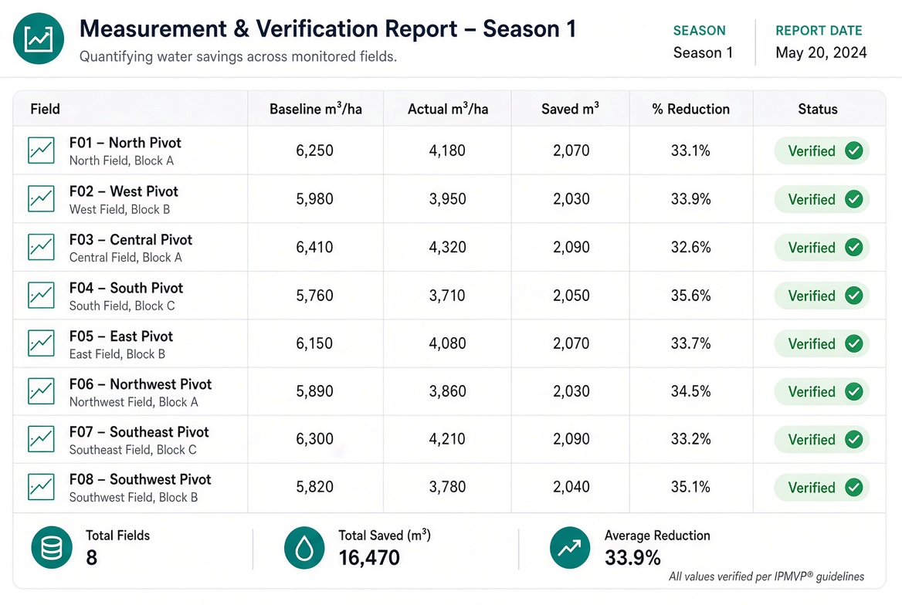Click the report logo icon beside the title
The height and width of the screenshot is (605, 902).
[39, 39]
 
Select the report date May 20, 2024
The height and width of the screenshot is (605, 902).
[821, 53]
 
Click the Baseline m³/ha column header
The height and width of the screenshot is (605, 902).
[316, 109]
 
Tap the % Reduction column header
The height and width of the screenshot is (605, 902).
[691, 110]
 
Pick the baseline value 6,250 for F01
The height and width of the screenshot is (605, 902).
[314, 150]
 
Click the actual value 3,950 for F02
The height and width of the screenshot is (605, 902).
[448, 199]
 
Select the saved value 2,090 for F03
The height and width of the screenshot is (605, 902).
[571, 247]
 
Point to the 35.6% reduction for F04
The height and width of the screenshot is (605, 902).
[691, 296]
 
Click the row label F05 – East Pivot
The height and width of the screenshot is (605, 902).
[121, 336]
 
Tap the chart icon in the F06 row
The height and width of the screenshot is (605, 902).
[42, 391]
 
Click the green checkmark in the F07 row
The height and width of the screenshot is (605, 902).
[854, 439]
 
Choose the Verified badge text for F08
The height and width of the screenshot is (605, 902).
[812, 488]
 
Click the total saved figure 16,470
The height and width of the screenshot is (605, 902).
[369, 558]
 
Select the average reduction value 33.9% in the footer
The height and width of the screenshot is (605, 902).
[632, 558]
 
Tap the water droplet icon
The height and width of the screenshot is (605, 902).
[304, 548]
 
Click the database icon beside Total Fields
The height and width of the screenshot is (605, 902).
[52, 548]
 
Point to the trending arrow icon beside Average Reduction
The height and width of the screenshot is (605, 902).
[570, 548]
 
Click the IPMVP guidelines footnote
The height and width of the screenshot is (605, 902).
[766, 576]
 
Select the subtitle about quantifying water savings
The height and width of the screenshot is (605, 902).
[238, 57]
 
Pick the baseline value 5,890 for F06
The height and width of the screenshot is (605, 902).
[314, 391]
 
